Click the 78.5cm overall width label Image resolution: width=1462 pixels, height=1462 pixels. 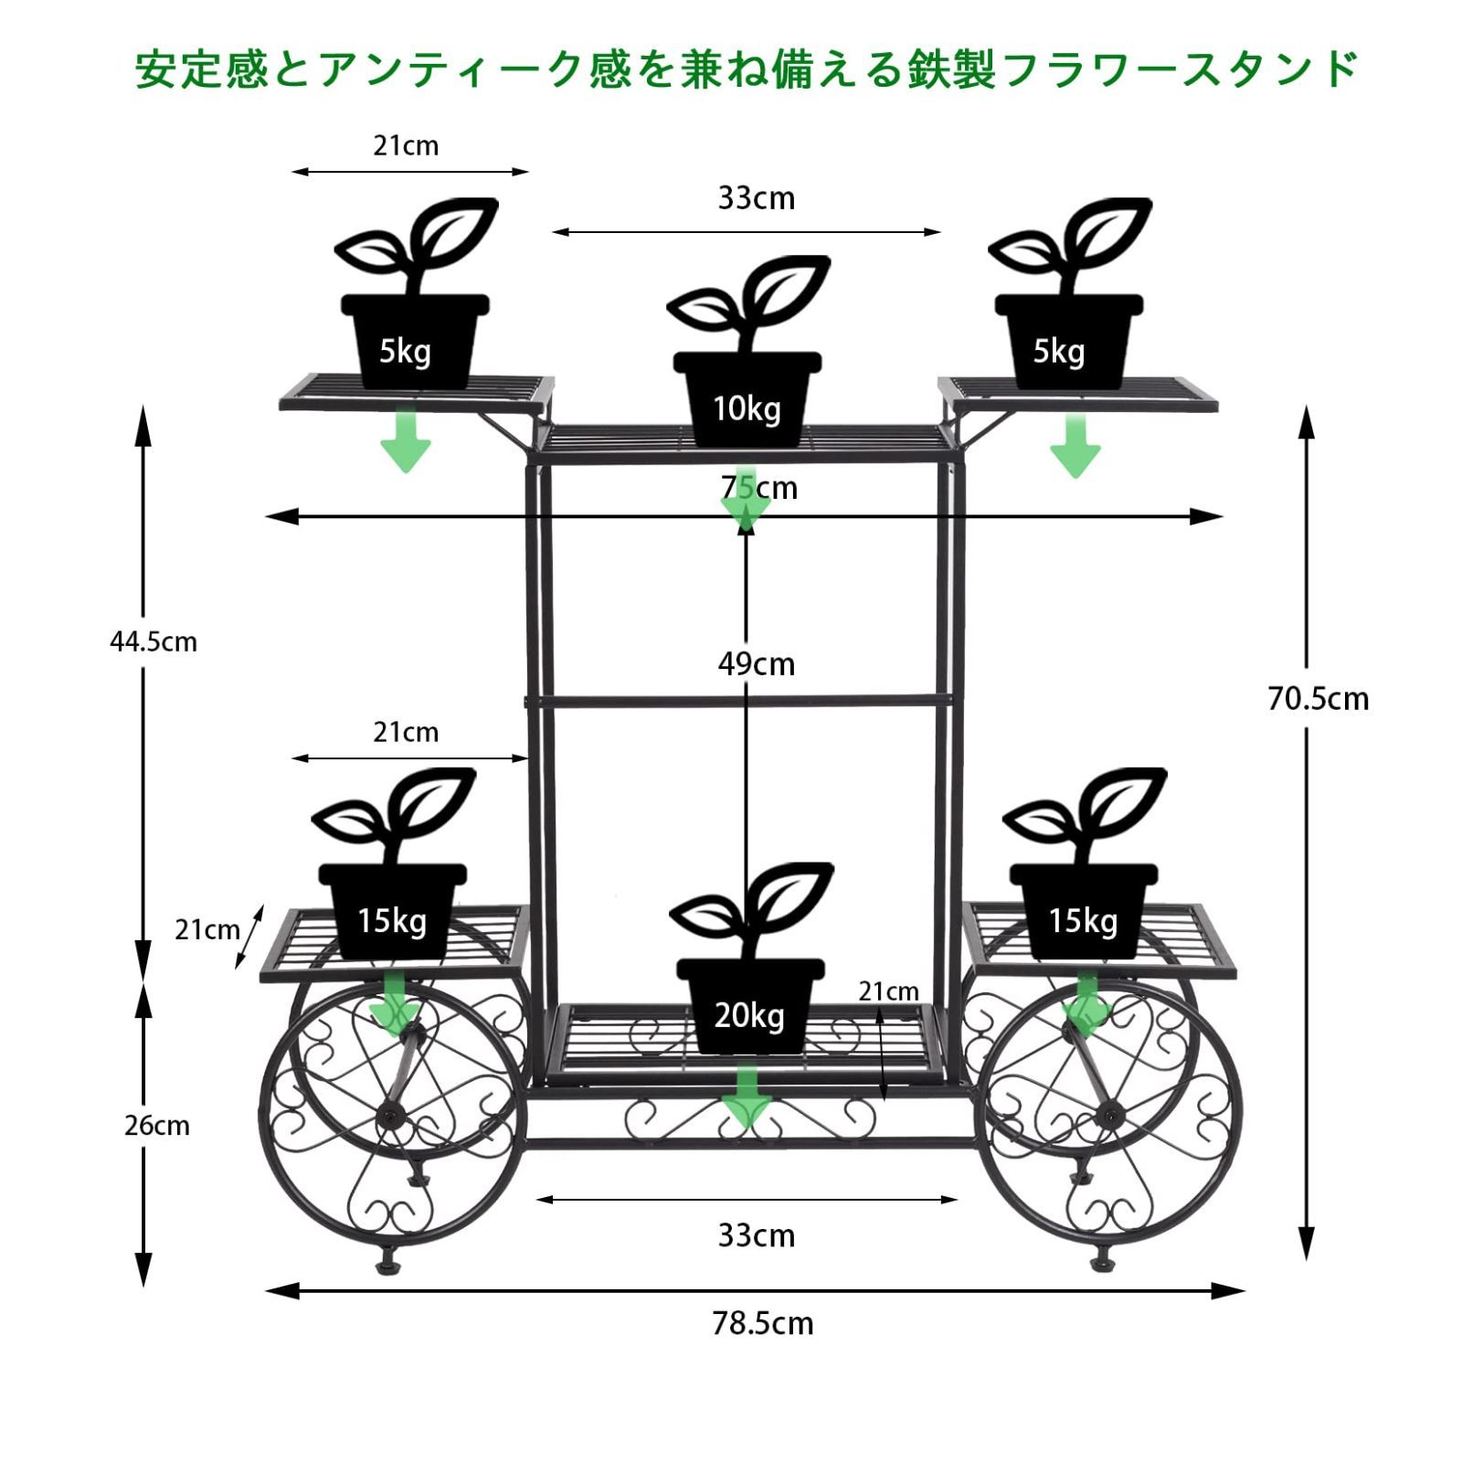762,1323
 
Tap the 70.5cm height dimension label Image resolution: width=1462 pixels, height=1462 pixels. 1318,699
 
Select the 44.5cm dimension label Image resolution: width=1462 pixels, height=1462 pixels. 154,641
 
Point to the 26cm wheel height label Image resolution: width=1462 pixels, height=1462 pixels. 157,1125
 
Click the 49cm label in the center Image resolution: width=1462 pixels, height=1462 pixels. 756,663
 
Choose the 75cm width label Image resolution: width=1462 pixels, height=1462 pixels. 759,488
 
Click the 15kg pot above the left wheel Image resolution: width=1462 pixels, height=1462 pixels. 393,863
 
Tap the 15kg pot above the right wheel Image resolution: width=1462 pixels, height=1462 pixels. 1085,863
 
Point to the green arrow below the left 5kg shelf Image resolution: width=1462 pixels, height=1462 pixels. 406,441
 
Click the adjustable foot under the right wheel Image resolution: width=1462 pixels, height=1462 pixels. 1100,1262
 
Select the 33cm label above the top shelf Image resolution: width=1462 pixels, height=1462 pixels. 756,198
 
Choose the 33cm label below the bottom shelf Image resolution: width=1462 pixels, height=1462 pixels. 756,1235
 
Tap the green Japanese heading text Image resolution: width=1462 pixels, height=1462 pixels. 747,69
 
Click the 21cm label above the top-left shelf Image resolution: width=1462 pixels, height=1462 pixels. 406,146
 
